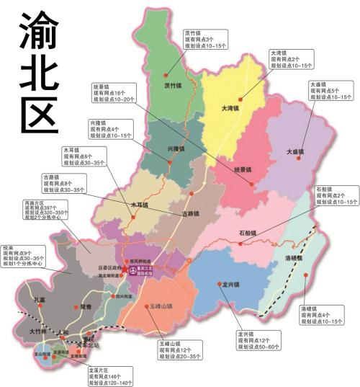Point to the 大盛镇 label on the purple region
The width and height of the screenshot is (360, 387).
[x=295, y=152]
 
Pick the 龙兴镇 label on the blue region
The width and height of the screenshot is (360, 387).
[x=231, y=285]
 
